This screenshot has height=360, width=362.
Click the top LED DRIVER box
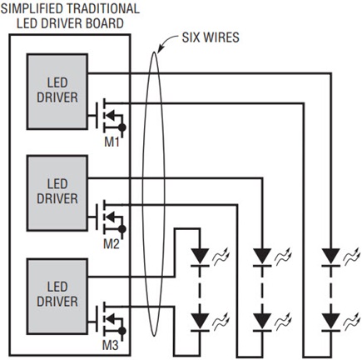pyautogui.click(x=57, y=92)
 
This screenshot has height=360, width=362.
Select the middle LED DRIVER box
pyautogui.click(x=57, y=193)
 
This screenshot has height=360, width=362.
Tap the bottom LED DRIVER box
pyautogui.click(x=57, y=297)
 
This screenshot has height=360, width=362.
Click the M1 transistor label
pyautogui.click(x=112, y=142)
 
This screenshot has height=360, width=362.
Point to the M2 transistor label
pyautogui.click(x=112, y=244)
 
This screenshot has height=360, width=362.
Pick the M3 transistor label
pyautogui.click(x=111, y=346)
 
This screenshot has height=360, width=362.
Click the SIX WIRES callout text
pyautogui.click(x=211, y=37)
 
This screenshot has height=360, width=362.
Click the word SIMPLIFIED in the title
pyautogui.click(x=32, y=8)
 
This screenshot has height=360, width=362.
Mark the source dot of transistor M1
pyautogui.click(x=122, y=127)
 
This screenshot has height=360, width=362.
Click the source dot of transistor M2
pyautogui.click(x=122, y=229)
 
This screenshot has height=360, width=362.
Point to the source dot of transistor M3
pyautogui.click(x=122, y=331)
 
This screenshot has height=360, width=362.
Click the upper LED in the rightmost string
pyautogui.click(x=331, y=257)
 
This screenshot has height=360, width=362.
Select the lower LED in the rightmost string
pyautogui.click(x=331, y=322)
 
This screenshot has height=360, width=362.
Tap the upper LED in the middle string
pyautogui.click(x=262, y=257)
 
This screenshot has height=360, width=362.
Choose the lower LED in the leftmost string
pyautogui.click(x=200, y=322)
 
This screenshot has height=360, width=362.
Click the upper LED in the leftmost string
pyautogui.click(x=200, y=257)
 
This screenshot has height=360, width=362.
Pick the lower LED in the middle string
pyautogui.click(x=262, y=322)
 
